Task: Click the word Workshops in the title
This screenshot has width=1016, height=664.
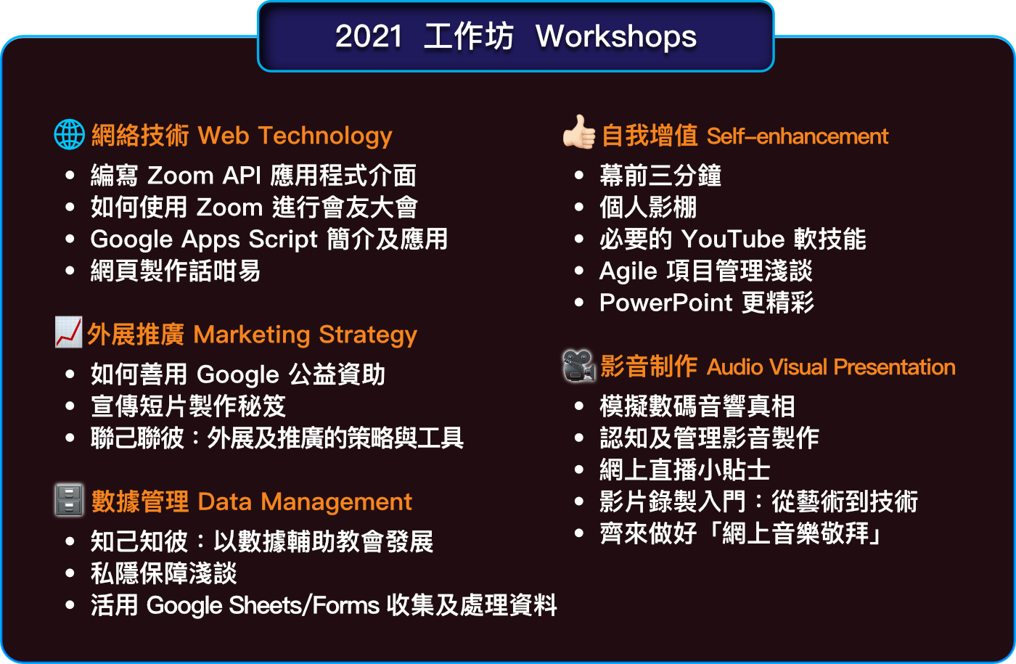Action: (616, 37)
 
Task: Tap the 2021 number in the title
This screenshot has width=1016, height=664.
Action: (369, 37)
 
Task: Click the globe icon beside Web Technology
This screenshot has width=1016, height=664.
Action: (70, 135)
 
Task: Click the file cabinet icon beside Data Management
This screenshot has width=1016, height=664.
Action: (70, 500)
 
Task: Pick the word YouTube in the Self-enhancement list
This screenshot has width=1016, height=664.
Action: (733, 239)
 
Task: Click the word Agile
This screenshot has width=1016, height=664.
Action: (628, 272)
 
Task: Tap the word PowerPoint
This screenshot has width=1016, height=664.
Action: (666, 303)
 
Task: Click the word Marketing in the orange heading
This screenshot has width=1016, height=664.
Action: (252, 335)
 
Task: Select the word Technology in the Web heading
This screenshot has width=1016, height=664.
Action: (325, 136)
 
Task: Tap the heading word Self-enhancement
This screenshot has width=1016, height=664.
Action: (798, 136)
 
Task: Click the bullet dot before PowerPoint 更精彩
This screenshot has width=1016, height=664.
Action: (579, 303)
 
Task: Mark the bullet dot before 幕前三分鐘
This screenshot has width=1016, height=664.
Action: (579, 176)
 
